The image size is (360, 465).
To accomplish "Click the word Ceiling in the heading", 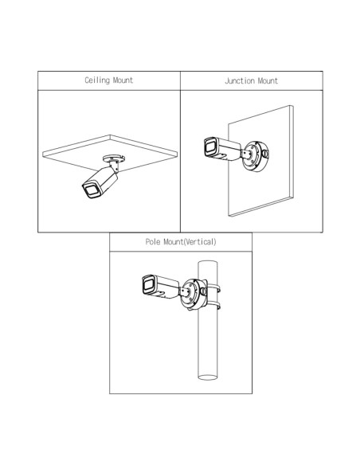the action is [x=97, y=80].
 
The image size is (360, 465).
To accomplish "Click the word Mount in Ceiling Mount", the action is [x=123, y=80].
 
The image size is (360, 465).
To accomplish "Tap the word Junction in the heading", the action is [x=240, y=80].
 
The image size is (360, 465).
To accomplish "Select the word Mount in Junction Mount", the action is [x=268, y=80].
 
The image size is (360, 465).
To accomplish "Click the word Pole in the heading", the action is [x=153, y=242].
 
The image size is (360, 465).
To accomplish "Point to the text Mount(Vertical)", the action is [x=190, y=242].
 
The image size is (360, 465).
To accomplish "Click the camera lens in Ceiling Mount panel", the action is [x=91, y=191].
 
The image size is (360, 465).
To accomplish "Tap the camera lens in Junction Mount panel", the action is [x=210, y=147].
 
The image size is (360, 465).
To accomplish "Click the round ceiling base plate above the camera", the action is [x=113, y=158].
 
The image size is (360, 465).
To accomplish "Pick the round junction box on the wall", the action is [x=256, y=157].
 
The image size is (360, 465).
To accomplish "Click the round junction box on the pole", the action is [x=194, y=294].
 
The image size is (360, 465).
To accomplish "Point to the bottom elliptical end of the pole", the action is [x=208, y=377].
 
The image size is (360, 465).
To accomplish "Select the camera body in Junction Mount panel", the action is [x=222, y=149].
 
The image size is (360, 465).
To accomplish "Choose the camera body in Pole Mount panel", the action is [x=161, y=287].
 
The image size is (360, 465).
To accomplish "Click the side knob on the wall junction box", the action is [x=266, y=154].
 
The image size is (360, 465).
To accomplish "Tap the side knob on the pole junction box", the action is [x=204, y=291].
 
